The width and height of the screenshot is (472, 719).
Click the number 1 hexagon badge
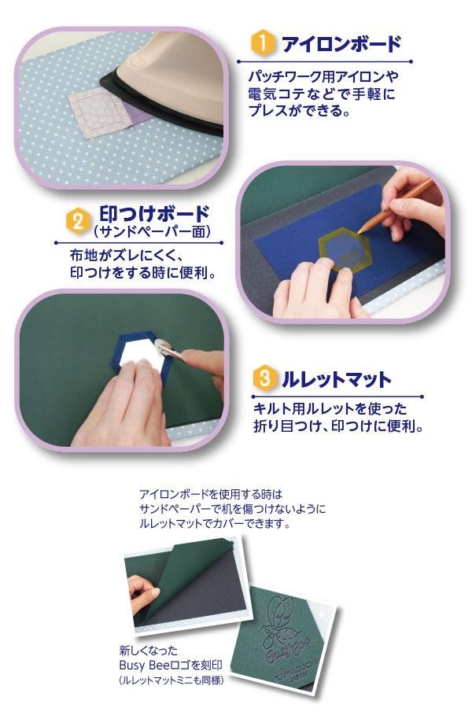click(263, 43)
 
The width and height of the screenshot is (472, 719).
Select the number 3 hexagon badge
click(264, 378)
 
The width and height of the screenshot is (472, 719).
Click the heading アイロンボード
click(341, 44)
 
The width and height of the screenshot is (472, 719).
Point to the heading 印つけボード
click(154, 215)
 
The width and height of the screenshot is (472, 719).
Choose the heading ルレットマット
click(337, 380)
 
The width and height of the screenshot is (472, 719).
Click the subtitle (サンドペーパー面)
click(152, 231)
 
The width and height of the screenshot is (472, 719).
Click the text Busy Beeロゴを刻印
click(171, 666)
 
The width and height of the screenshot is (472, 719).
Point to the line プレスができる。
click(299, 110)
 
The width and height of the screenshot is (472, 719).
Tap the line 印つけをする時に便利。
click(142, 273)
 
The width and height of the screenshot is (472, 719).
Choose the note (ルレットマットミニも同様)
click(171, 680)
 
